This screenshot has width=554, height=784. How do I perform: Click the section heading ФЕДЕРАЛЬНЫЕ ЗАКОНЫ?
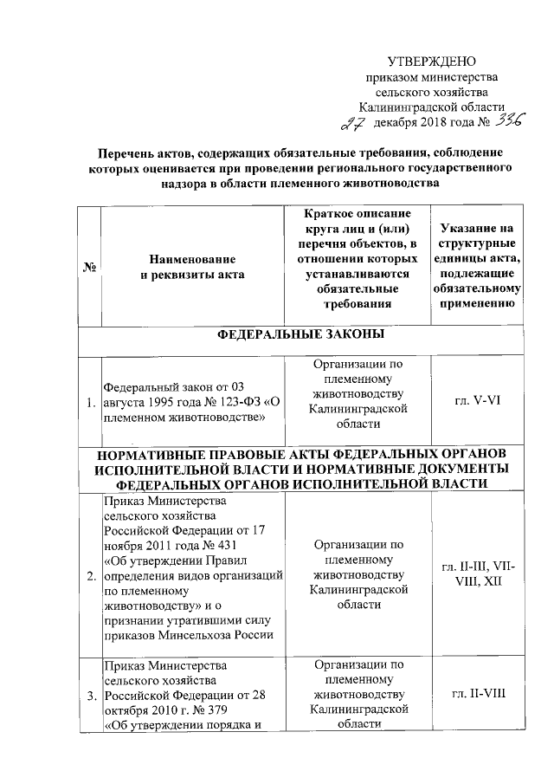click(299, 334)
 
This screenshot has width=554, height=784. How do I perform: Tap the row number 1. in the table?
click(90, 402)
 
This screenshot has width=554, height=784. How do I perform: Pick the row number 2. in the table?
click(90, 574)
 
